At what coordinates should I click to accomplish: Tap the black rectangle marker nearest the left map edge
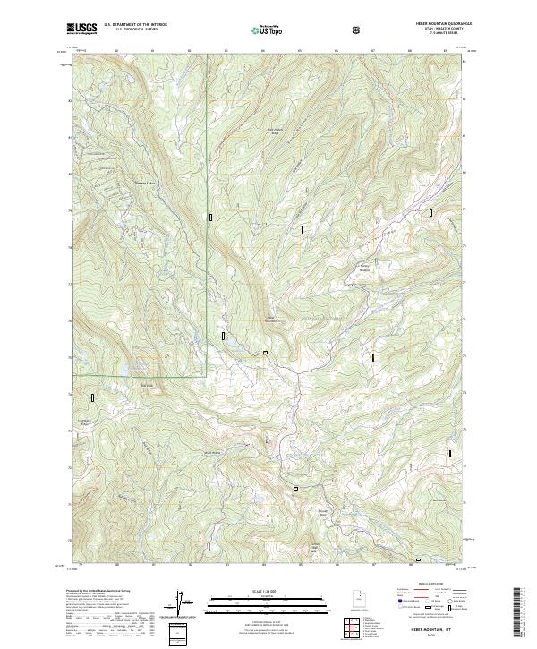point(92,397)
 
